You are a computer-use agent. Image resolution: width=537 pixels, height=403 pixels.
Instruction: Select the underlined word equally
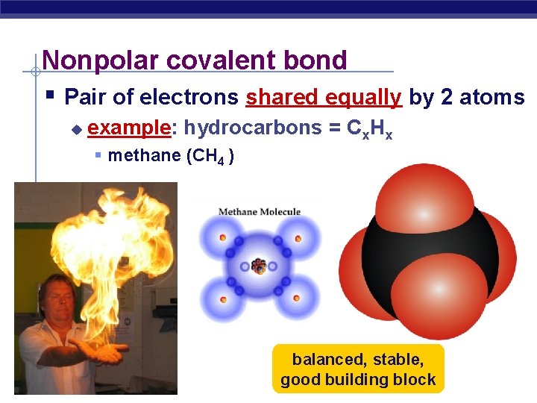(365, 97)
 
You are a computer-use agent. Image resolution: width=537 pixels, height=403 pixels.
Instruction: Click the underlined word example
(129, 128)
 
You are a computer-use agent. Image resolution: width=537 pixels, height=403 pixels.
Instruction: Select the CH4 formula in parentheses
(213, 156)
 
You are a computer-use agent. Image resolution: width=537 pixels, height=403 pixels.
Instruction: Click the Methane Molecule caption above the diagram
(259, 212)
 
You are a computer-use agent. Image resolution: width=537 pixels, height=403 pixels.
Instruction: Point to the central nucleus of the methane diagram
(259, 266)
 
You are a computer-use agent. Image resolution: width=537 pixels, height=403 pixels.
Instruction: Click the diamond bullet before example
(75, 129)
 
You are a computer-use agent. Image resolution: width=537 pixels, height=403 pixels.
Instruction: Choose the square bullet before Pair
(49, 95)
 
